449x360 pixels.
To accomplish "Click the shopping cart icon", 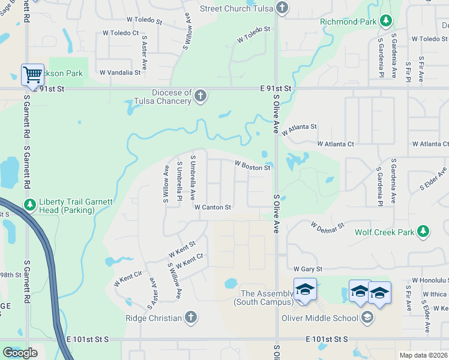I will click(x=32, y=74).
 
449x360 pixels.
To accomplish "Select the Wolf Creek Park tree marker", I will click(x=423, y=232).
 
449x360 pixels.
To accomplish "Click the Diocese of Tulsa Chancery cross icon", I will click(x=200, y=96).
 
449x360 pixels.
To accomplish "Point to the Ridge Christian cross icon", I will click(x=191, y=318).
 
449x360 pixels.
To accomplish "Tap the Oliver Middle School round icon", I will click(x=367, y=317).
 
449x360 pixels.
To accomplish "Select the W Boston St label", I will click(x=252, y=165).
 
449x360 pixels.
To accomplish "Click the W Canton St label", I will click(x=212, y=208).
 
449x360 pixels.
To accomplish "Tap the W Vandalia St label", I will click(x=120, y=73).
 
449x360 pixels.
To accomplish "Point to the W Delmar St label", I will click(x=327, y=226).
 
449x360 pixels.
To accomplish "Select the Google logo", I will click(x=20, y=353).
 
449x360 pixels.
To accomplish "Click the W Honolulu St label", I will click(x=430, y=280).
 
